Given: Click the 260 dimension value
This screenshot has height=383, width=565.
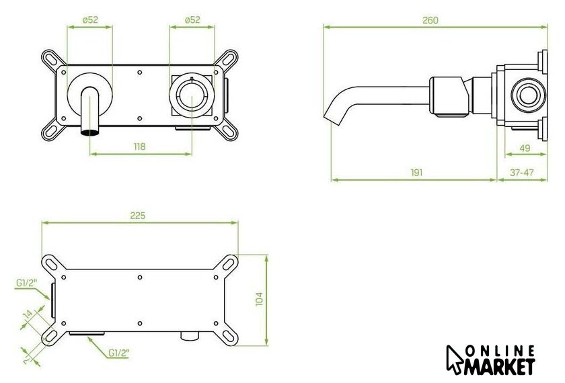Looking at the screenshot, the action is (430, 20).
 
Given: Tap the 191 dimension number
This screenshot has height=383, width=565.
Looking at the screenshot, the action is (416, 173).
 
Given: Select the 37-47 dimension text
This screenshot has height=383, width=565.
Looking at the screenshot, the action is (521, 173).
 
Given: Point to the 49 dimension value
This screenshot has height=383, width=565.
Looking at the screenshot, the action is (525, 148).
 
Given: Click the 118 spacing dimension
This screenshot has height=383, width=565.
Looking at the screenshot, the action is (139, 147).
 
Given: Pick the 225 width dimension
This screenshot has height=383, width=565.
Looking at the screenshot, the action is (138, 216).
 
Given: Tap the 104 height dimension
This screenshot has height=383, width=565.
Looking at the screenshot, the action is (259, 299).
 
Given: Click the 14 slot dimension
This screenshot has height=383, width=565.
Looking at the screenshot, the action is (28, 314).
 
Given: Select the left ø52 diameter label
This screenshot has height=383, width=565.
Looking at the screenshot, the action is (90, 19).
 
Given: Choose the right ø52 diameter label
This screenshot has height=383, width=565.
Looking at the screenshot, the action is (192, 19).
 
